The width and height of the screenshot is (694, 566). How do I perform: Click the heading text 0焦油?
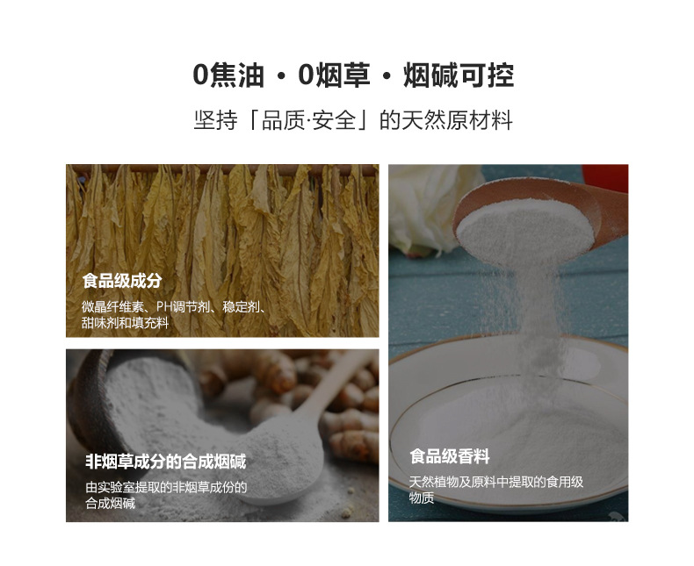(228, 75)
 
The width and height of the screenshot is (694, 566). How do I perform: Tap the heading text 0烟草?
(334, 75)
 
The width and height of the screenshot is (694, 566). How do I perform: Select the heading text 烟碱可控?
(459, 75)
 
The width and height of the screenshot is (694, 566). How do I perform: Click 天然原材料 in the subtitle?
(457, 120)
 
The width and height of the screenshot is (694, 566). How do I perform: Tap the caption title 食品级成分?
(122, 281)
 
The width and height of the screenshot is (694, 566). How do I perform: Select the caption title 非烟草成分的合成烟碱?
(165, 462)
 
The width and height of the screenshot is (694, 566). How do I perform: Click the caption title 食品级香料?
(450, 456)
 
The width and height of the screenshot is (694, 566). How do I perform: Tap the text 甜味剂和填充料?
(126, 323)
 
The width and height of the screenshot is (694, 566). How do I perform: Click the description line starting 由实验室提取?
(166, 487)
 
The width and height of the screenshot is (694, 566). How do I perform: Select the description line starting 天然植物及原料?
(496, 482)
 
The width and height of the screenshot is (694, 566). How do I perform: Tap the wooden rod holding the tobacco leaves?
(222, 169)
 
